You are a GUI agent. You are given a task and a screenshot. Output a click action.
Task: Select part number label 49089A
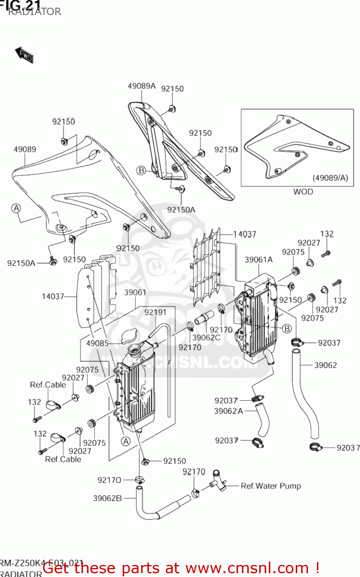pos(142,86)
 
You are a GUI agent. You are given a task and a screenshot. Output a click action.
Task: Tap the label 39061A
pos(258,260)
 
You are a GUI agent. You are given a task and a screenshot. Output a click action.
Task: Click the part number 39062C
pos(206,337)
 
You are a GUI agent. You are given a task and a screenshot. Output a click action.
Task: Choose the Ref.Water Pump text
pos(270,486)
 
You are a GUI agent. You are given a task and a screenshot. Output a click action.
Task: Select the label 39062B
pos(107,498)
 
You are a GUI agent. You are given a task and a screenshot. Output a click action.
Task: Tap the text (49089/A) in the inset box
pos(330,178)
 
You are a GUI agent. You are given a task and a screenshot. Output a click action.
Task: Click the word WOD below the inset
pos(303,192)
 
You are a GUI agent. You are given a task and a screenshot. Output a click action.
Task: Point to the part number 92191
pos(155,312)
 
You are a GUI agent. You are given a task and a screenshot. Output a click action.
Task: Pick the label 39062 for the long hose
pos(325,365)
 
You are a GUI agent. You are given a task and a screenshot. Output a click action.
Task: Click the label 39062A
pos(228,411)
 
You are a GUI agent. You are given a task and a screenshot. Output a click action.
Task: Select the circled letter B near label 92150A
pos(142,170)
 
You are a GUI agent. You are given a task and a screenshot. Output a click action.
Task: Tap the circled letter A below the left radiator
pos(126,441)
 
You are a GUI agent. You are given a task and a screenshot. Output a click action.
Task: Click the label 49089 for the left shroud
pos(25,149)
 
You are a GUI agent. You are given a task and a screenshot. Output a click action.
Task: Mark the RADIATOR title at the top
pos(35,12)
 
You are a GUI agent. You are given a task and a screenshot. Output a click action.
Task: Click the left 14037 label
pos(53,296)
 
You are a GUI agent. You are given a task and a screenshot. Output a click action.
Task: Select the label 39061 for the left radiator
pos(135,292)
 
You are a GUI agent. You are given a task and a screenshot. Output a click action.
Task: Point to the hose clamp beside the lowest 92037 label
pos(315,447)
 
